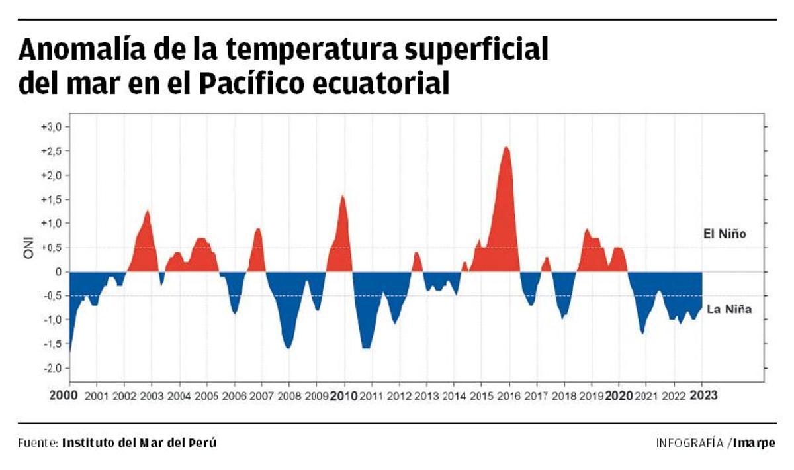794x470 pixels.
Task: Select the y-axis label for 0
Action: pyautogui.click(x=58, y=271)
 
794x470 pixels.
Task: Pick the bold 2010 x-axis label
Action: pyautogui.click(x=344, y=396)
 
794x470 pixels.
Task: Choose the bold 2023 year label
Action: pyautogui.click(x=702, y=396)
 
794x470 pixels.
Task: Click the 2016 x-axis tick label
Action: pyautogui.click(x=509, y=396)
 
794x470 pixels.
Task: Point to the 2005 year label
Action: pyautogui.click(x=206, y=396)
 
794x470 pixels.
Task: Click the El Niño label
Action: pyautogui.click(x=725, y=234)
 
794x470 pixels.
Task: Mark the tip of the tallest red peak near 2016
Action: pyautogui.click(x=506, y=147)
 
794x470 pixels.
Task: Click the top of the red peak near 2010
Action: pyautogui.click(x=343, y=195)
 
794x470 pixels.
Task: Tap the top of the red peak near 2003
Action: pyautogui.click(x=148, y=211)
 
